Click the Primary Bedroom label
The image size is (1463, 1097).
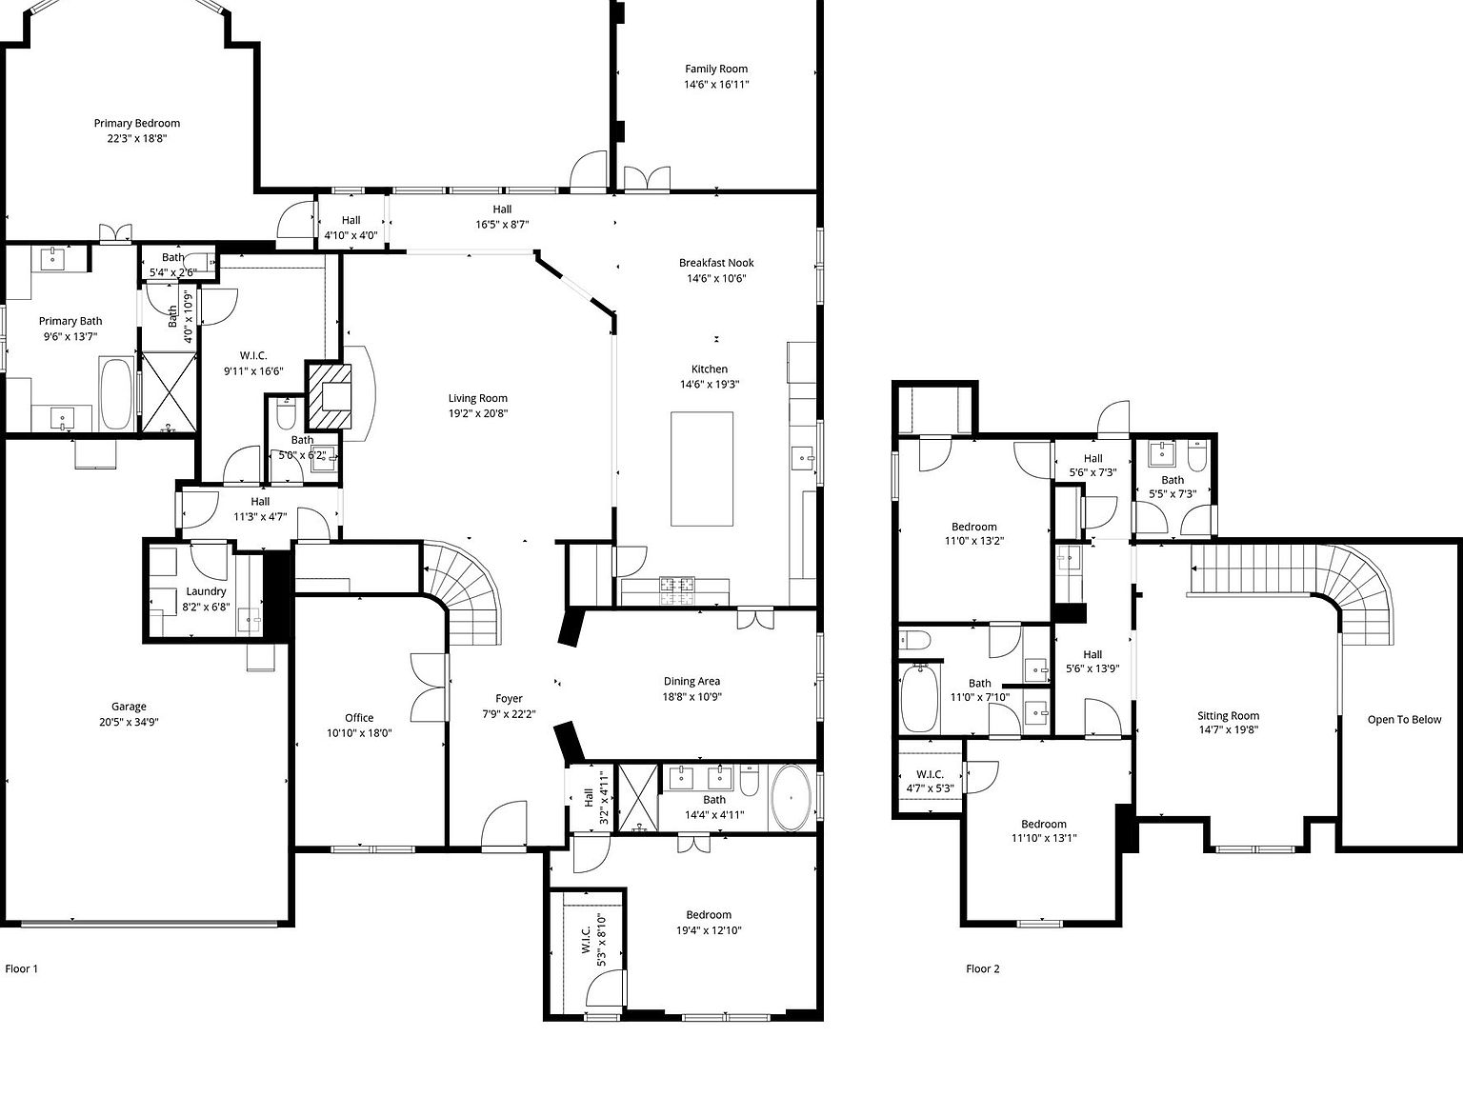tap(136, 123)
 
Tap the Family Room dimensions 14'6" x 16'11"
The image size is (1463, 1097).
tap(716, 85)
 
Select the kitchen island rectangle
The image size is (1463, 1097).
tap(702, 469)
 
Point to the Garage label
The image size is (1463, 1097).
tap(129, 707)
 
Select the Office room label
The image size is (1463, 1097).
tap(359, 718)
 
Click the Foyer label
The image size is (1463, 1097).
tap(509, 699)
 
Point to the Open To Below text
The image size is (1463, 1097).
tap(1404, 720)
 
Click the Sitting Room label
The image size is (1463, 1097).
tap(1228, 716)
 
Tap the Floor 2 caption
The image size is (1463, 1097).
tap(983, 969)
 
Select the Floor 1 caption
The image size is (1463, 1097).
tap(22, 969)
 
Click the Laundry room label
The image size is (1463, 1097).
tap(206, 591)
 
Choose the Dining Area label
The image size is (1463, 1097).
tap(691, 681)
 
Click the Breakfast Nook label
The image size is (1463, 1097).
tap(716, 263)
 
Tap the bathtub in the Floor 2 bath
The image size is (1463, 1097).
tap(919, 698)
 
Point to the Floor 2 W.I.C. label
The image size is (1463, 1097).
tap(930, 774)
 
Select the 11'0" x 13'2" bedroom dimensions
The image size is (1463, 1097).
tap(973, 541)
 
